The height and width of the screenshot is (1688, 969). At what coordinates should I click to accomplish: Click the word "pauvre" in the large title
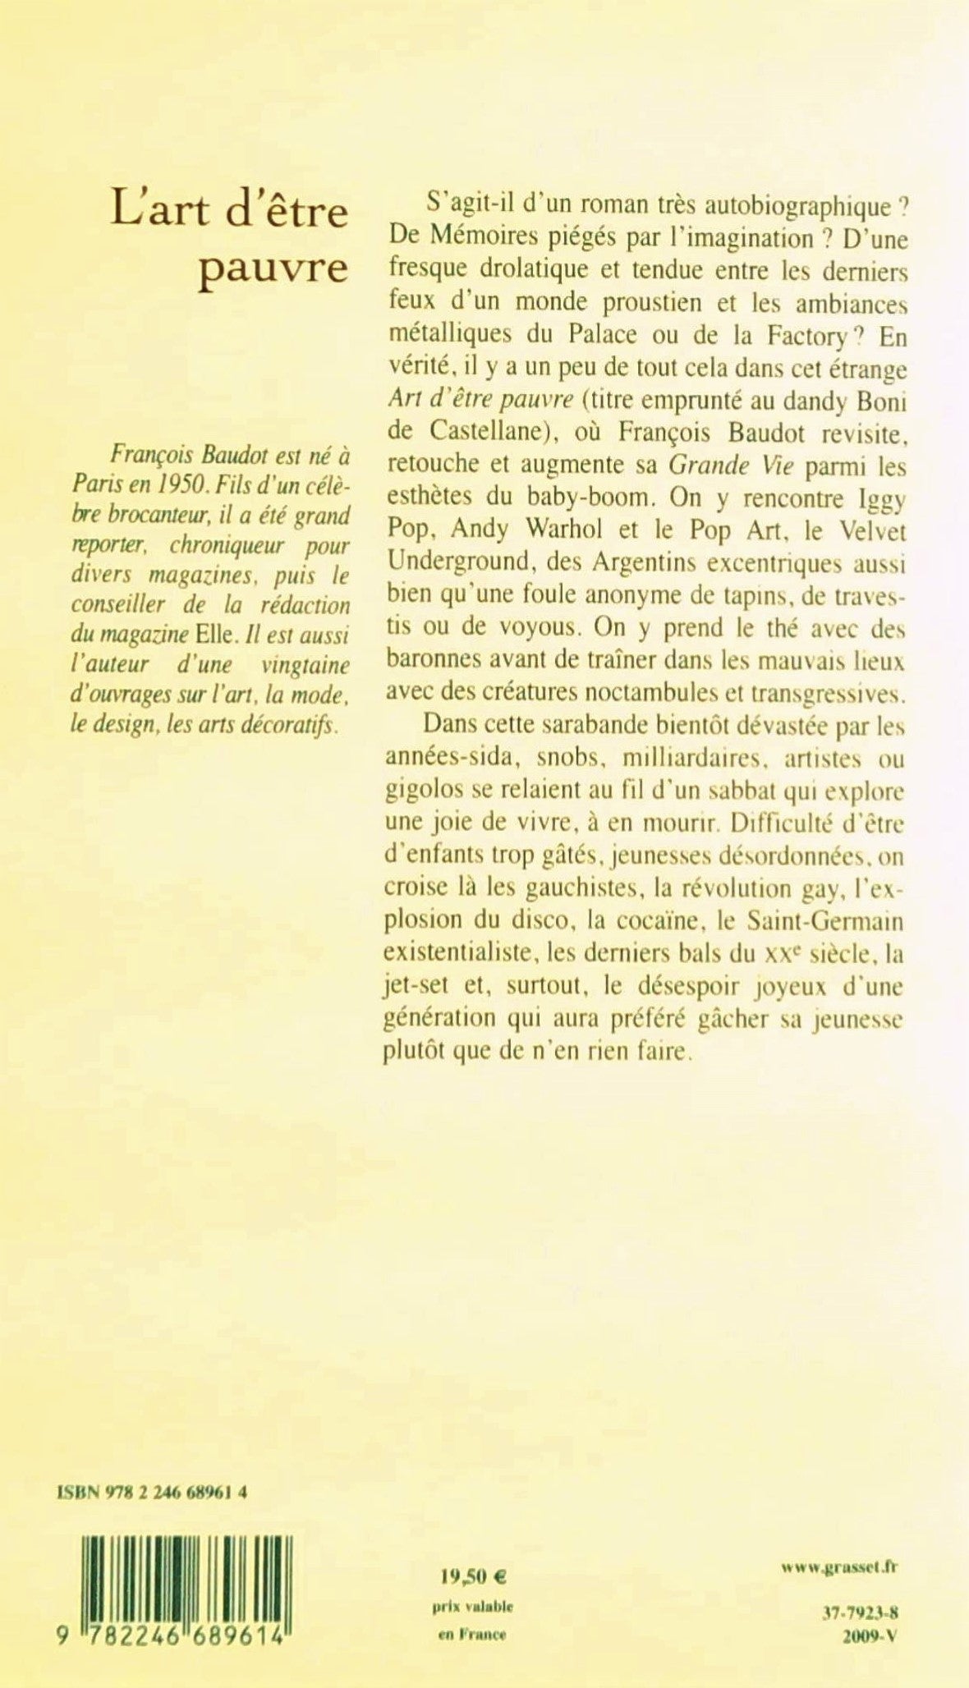tap(273, 268)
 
